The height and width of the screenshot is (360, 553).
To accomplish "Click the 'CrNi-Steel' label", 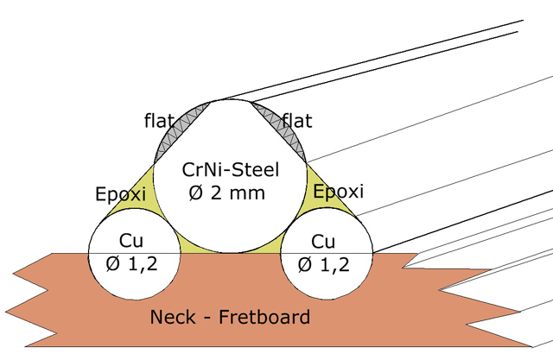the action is point(231,170).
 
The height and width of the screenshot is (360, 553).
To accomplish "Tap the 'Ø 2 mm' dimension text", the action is point(226,193).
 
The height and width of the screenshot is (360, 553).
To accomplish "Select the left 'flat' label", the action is point(159,121).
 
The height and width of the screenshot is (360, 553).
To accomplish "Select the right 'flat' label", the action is point(297,121).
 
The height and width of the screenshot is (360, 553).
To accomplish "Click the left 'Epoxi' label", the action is point(121,194).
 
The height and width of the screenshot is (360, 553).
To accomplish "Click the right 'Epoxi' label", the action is point(338,192).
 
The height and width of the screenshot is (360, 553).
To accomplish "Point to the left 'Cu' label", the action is point(131,241).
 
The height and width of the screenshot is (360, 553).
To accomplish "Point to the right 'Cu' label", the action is point(323,242).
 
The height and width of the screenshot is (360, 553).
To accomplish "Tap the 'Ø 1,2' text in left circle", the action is point(131,264).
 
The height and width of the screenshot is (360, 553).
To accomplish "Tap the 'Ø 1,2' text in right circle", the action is point(323,264).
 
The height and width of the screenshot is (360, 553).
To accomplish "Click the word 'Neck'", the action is point(173,317).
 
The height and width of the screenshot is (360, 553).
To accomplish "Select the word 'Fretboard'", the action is point(264,317).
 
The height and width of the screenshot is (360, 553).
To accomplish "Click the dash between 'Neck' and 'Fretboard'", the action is point(207,317).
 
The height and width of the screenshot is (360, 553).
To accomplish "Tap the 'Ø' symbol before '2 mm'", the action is point(195,193).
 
